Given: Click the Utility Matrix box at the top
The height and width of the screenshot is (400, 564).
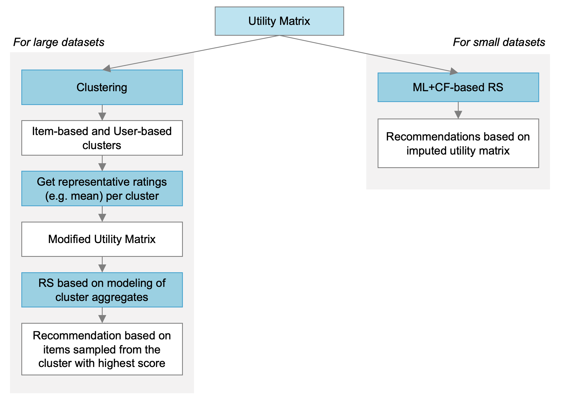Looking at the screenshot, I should pyautogui.click(x=279, y=21).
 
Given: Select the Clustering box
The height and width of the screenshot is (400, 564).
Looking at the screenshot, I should pyautogui.click(x=102, y=87).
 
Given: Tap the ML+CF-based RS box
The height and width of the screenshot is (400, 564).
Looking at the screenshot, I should pyautogui.click(x=458, y=87).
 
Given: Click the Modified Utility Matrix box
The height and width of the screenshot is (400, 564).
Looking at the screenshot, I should pyautogui.click(x=102, y=239).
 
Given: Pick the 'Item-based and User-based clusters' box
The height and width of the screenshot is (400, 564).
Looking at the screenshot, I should pyautogui.click(x=102, y=138).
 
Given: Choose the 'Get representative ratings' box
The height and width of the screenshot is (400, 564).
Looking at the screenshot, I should pyautogui.click(x=102, y=189).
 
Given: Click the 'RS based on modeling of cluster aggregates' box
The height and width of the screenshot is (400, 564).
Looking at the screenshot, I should pyautogui.click(x=102, y=290).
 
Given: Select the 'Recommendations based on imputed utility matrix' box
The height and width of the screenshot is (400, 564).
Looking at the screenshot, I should pyautogui.click(x=458, y=143).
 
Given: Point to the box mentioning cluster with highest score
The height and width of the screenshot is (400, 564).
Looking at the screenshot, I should pyautogui.click(x=102, y=349).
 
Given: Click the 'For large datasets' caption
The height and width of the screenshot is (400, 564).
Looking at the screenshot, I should pyautogui.click(x=59, y=42).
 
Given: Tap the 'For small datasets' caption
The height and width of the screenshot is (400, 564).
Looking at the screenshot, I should pyautogui.click(x=499, y=42).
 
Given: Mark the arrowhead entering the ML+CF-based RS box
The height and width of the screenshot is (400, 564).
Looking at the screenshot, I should pyautogui.click(x=454, y=71).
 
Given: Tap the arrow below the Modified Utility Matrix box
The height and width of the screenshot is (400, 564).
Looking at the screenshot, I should pyautogui.click(x=102, y=265).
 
